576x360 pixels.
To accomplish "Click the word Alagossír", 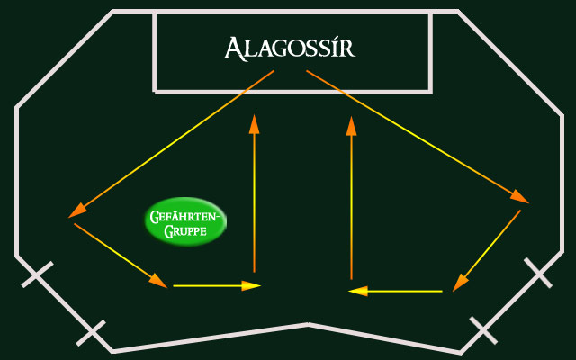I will coord(290,48).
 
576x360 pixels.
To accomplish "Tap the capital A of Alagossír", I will coord(233,48).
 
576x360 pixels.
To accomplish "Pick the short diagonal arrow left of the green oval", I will coord(121,256).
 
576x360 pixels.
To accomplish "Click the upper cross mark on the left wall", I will coord(37,274).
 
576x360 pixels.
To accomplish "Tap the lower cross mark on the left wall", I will coord(91,332).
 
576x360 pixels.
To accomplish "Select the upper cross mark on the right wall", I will coord(538,272).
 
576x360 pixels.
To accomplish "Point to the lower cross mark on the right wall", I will coord(482,330).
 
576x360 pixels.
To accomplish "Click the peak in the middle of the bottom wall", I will coord(309,324).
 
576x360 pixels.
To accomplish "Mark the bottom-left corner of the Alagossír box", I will coord(156,90).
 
